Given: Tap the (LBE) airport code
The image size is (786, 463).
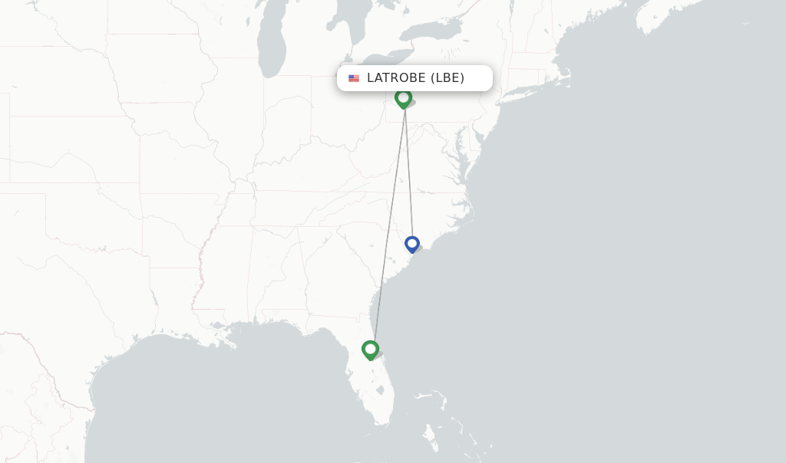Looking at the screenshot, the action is tap(447, 77).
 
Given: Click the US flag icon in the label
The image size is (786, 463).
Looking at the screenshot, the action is tap(354, 78).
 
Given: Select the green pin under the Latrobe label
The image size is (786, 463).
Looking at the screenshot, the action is tap(403, 98).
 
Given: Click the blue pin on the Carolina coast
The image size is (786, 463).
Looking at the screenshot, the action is tap(412, 244).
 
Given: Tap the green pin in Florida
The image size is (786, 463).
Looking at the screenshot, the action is tap(371, 350).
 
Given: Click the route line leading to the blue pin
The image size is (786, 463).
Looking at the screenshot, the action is tap(409, 176).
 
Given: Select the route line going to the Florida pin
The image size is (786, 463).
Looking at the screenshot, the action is tap(388, 230).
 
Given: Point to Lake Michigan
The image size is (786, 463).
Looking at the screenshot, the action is tap(271, 46).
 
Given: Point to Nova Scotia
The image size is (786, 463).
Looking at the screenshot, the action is tap(675, 15).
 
